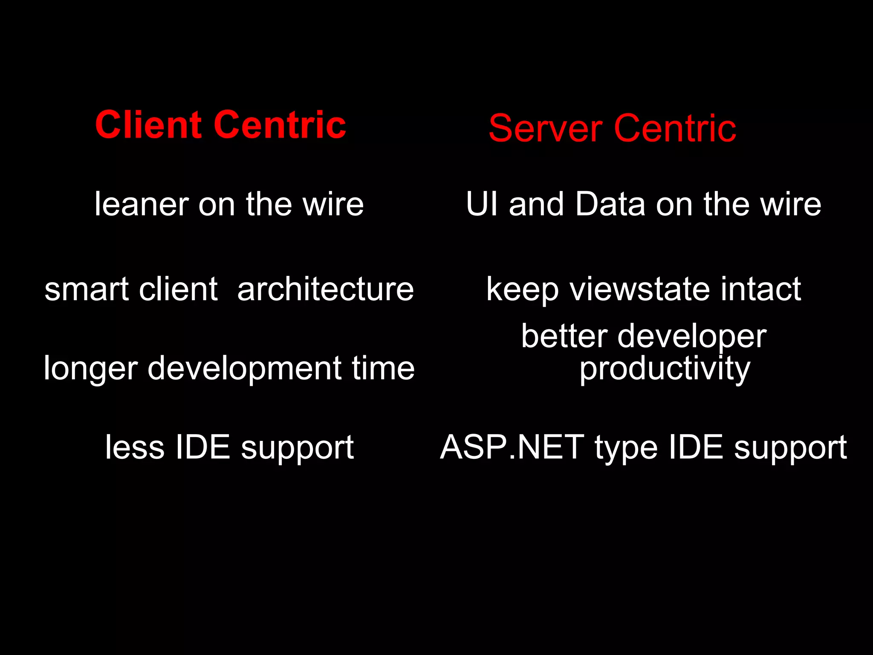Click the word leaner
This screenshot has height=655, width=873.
tap(142, 204)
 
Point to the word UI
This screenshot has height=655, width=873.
tap(482, 204)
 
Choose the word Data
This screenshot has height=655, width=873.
tap(610, 204)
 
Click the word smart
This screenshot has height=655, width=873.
tap(87, 289)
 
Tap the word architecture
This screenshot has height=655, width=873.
tap(325, 289)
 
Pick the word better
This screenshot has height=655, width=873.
tap(564, 336)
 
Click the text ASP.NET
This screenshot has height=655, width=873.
tap(512, 447)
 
